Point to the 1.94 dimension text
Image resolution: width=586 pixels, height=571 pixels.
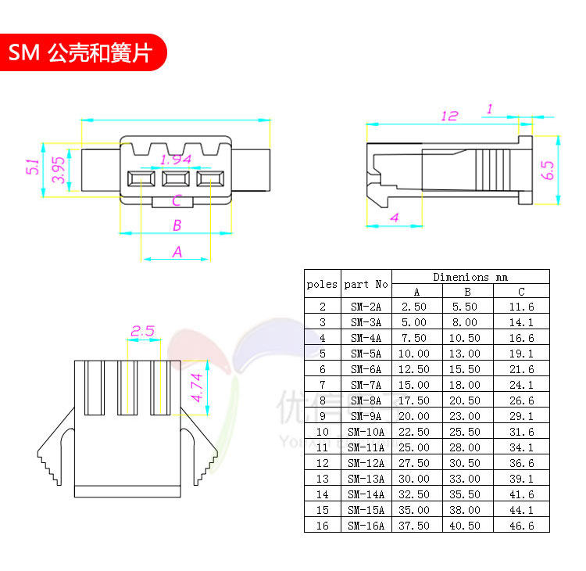[x=175, y=160]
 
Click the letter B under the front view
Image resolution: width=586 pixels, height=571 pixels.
[x=177, y=225]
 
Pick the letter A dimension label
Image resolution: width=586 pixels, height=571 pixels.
[x=177, y=252]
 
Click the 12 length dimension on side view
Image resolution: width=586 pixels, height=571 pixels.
[x=448, y=116]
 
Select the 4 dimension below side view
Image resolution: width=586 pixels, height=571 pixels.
[x=394, y=217]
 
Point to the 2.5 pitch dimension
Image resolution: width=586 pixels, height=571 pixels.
[x=142, y=331]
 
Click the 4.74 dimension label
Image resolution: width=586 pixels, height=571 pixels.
[x=198, y=387]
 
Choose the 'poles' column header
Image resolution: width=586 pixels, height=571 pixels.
[x=322, y=284]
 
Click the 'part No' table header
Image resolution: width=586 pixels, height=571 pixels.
[x=366, y=284]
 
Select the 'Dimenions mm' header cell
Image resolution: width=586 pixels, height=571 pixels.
[x=470, y=277]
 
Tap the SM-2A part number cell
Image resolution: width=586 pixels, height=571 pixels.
[x=366, y=307]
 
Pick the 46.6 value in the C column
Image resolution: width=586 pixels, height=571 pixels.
[x=521, y=526]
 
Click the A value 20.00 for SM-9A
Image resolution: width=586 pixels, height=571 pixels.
[x=416, y=416]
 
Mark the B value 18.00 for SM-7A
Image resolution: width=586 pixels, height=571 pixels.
[x=468, y=385]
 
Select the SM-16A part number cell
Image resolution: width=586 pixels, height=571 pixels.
[x=366, y=526]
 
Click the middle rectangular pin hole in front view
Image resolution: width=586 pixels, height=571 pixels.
[x=175, y=179]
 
